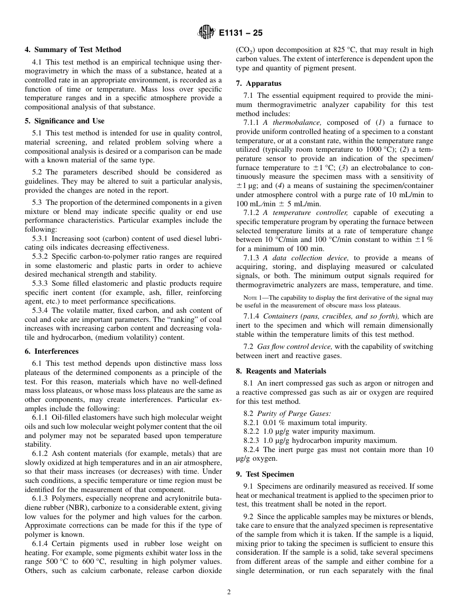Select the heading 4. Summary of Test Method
point(73,50)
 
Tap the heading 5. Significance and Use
point(65,121)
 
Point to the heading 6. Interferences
point(52,351)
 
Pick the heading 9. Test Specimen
point(265,474)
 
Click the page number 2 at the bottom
point(229,592)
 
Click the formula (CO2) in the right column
point(246,50)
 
